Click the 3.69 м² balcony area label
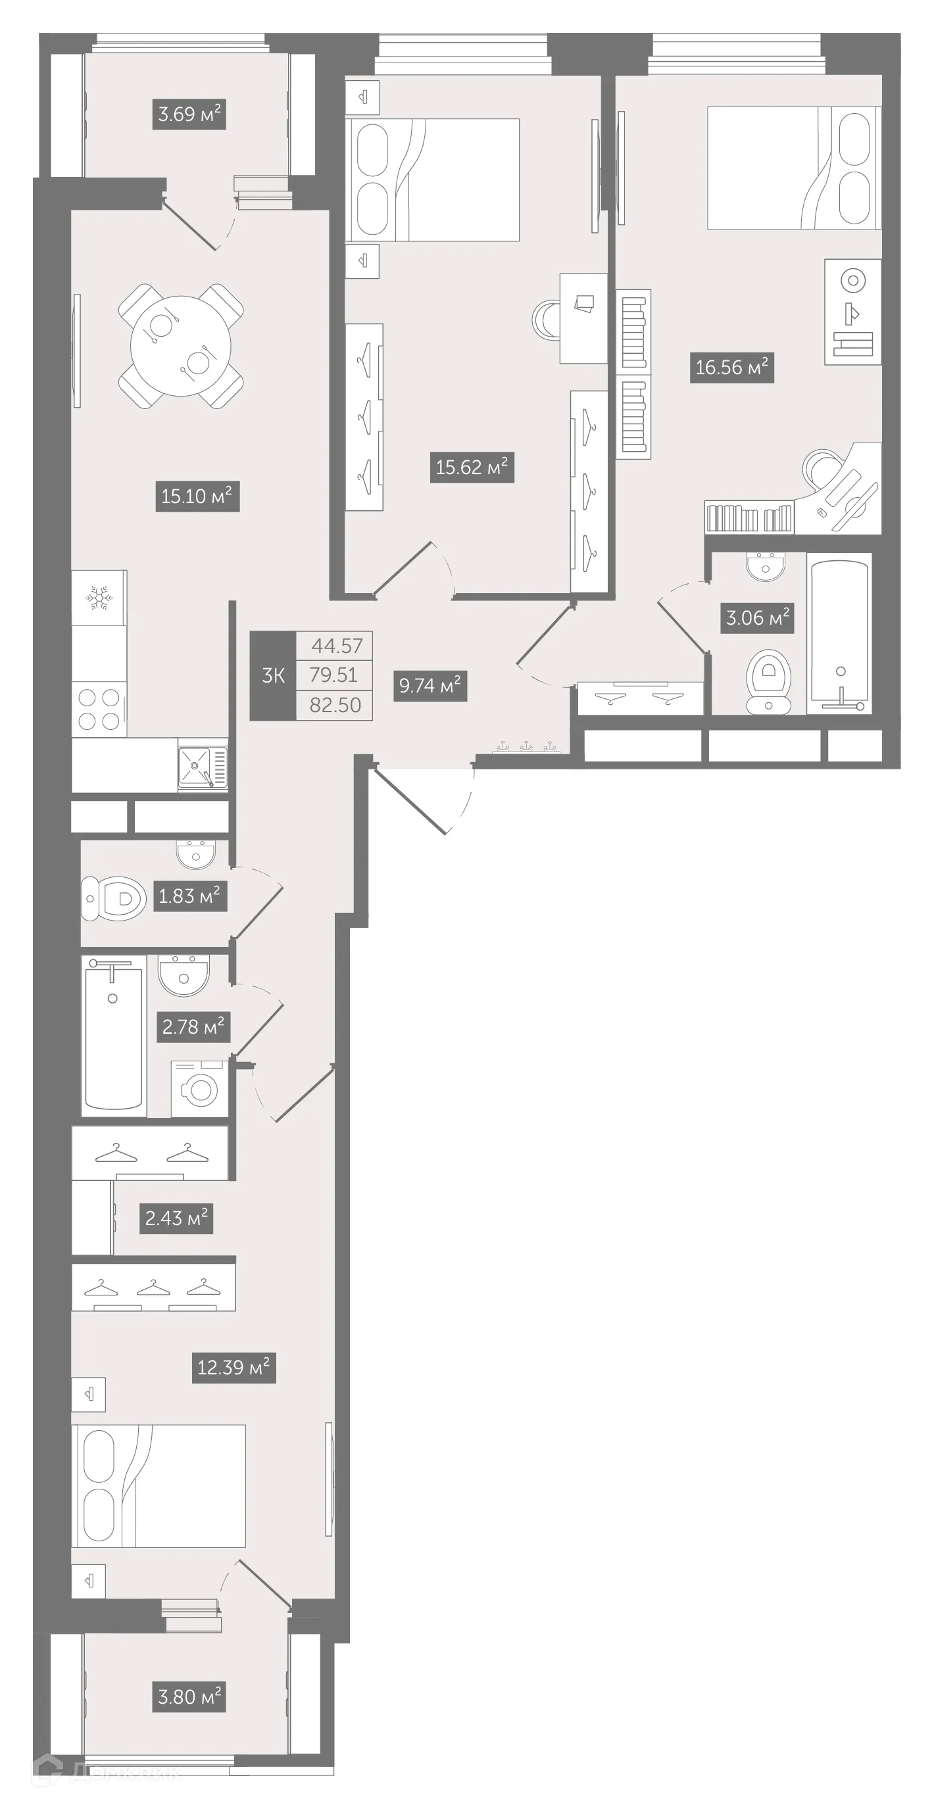(x=189, y=114)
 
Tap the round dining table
(x=180, y=345)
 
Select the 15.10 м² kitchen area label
(x=197, y=496)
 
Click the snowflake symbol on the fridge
(x=99, y=598)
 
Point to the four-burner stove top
(x=99, y=710)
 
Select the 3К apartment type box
(x=273, y=675)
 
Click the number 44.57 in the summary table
(x=337, y=645)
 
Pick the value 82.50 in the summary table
(x=335, y=705)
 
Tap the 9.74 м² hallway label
(x=430, y=685)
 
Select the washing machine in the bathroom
(x=199, y=1089)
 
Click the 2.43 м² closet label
(x=176, y=1218)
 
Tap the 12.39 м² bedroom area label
(x=233, y=1367)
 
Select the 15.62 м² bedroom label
(x=471, y=467)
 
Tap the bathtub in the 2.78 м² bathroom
(x=113, y=1035)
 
